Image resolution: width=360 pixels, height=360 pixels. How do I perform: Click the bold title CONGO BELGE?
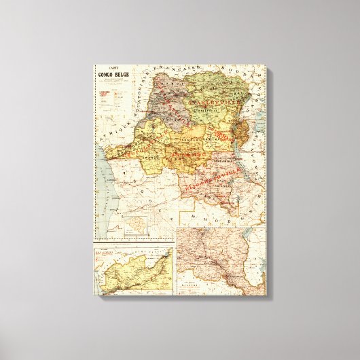114,77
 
